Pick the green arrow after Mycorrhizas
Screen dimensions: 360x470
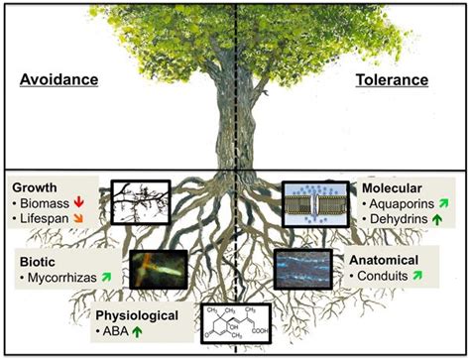[x=117, y=279]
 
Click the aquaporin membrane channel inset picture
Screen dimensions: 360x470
[x=316, y=204]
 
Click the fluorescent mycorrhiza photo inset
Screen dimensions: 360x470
[x=158, y=269]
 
